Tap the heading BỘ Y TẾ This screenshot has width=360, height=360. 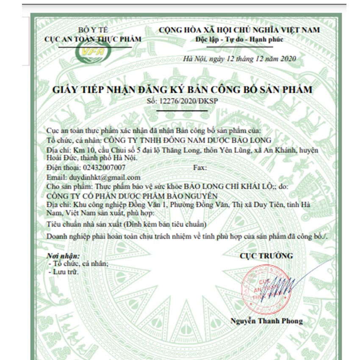[93, 30]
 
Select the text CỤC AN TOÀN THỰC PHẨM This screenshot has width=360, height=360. [93, 39]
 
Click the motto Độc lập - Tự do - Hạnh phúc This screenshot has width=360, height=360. [239, 40]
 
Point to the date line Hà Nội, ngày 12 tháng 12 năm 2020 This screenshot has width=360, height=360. [239, 59]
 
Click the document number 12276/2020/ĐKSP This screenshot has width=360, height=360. [189, 101]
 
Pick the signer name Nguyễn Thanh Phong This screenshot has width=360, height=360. [266, 321]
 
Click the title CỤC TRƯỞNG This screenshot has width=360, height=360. [266, 256]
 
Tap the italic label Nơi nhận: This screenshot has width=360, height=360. [64, 256]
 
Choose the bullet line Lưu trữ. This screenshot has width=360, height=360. [64, 271]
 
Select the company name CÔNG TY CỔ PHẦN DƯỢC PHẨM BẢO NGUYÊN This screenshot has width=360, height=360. [132, 196]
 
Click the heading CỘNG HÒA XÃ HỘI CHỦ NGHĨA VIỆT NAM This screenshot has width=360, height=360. [239, 30]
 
